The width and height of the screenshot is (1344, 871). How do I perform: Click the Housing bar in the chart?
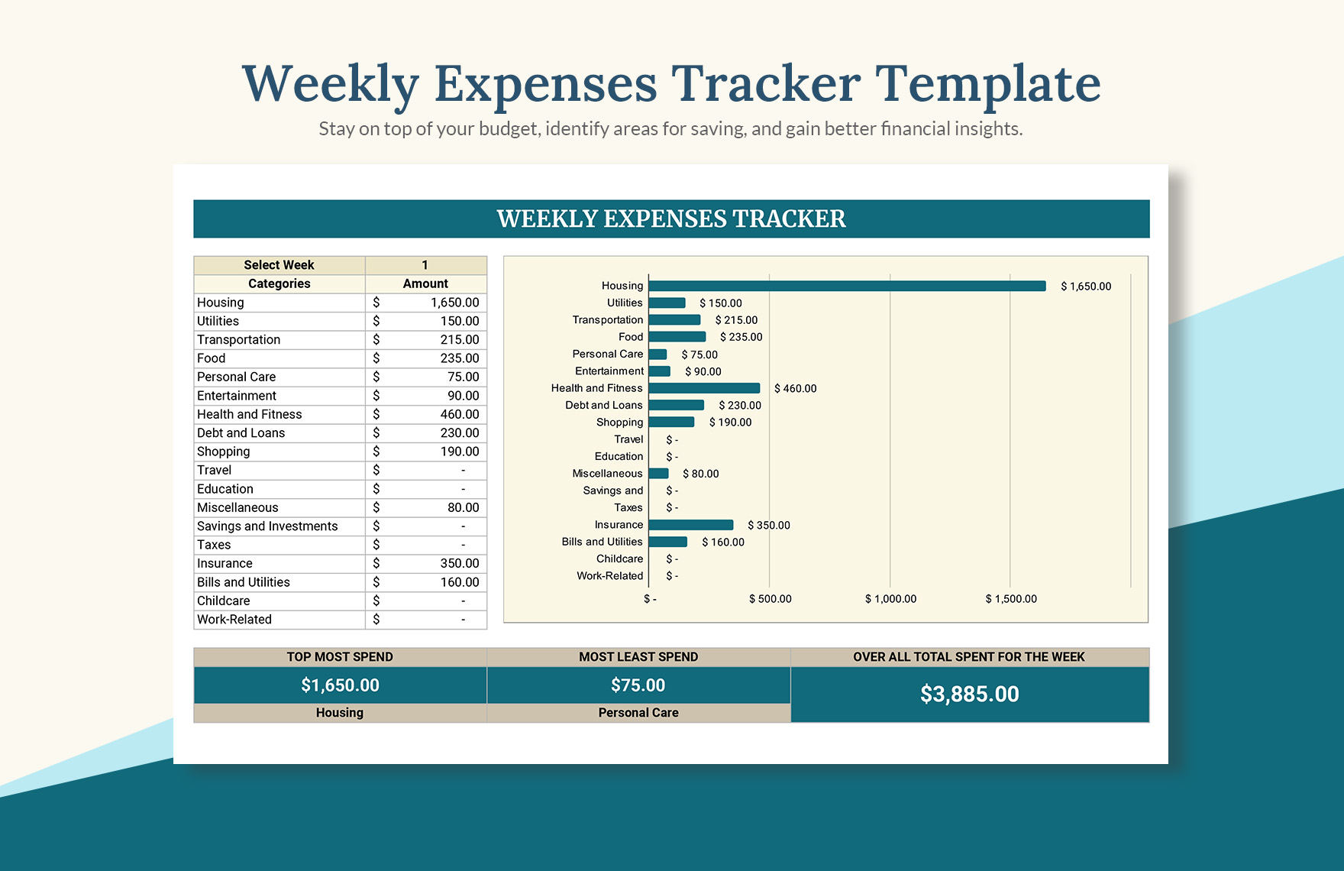(846, 286)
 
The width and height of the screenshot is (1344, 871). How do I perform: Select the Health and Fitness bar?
(704, 388)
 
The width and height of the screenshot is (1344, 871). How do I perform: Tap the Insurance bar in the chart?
(690, 525)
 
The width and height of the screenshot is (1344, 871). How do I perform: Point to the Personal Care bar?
(657, 355)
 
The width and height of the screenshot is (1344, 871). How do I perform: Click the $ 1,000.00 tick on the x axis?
(890, 599)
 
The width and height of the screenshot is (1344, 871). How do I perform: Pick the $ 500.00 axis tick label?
(770, 599)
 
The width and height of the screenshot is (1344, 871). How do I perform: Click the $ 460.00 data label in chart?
(795, 388)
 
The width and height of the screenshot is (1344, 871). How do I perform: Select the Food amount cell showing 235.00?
(459, 358)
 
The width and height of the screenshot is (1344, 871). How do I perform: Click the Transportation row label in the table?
(239, 340)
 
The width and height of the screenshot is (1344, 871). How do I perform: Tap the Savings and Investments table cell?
(267, 526)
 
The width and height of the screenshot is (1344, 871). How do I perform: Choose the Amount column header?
(425, 283)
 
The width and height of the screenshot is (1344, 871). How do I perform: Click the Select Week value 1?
(425, 265)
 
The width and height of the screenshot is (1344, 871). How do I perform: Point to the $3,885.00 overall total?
(969, 694)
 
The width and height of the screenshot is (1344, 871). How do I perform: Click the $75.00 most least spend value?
(638, 685)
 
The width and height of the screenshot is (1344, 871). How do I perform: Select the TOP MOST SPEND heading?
(340, 657)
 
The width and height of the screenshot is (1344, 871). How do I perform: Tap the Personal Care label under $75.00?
(638, 713)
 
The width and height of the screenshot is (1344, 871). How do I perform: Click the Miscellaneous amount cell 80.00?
(463, 507)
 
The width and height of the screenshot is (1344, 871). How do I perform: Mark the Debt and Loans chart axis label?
(604, 405)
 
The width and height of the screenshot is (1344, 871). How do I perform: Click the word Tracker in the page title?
(766, 83)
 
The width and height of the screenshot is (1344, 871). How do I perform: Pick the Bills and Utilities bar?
(667, 542)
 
